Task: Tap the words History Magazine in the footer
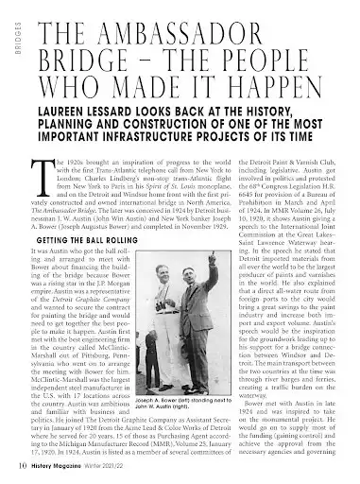pos(63,467)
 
